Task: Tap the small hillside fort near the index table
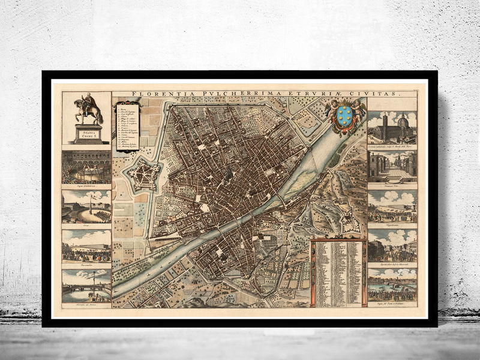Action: click(x=348, y=222)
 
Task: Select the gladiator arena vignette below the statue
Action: click(x=86, y=167)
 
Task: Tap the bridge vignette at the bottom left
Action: click(x=86, y=286)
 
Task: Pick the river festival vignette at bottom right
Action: click(x=392, y=284)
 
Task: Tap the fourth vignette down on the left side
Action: click(x=86, y=246)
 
